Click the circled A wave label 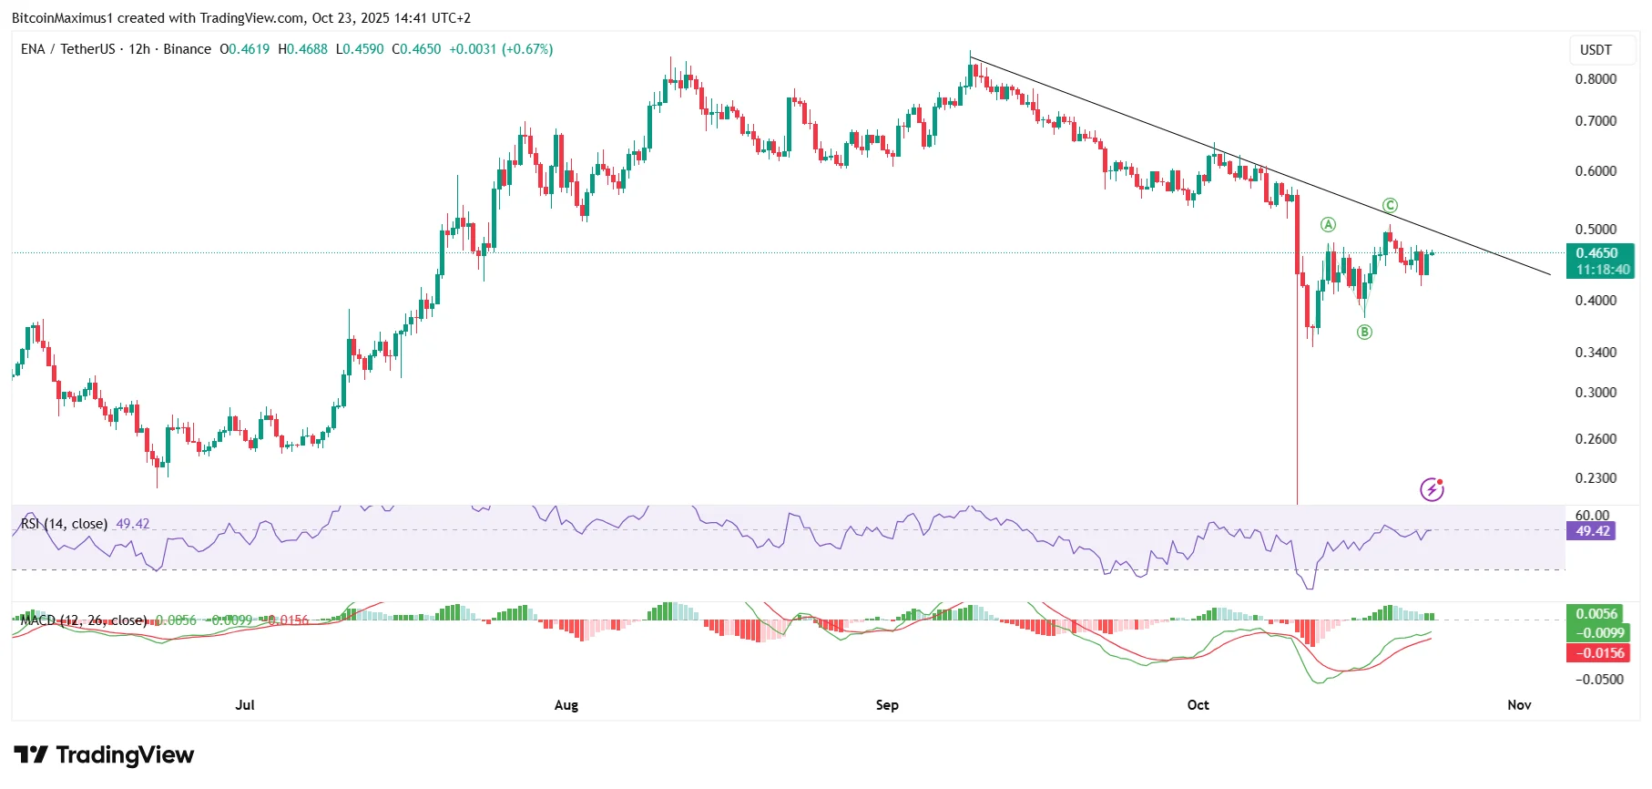[1328, 224]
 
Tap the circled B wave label [1364, 332]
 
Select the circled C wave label [1390, 205]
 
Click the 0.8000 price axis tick [1596, 79]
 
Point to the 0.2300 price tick [1596, 477]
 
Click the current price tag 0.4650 [1599, 253]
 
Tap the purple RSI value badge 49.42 [1592, 531]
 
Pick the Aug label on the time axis [566, 705]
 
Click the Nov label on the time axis [1519, 705]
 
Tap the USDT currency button [1596, 50]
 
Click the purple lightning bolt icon [1432, 490]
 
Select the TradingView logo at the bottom [104, 755]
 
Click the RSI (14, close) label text [64, 524]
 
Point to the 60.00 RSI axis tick [1592, 515]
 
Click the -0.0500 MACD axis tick [1599, 679]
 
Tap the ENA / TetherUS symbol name [68, 49]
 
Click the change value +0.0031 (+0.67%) [501, 49]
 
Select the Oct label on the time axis [1198, 705]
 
